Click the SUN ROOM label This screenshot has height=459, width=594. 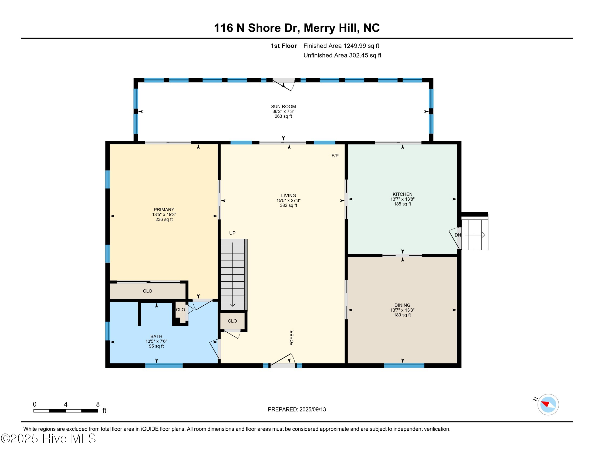point(283,107)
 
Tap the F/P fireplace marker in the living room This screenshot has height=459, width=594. point(335,156)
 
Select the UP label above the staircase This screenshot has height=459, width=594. point(232,233)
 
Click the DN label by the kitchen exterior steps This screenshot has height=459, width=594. point(458,235)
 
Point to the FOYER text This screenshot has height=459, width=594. point(292,338)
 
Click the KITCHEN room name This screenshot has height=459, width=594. point(402,194)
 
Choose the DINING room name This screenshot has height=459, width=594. point(402,305)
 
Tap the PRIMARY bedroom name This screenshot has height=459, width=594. point(164,210)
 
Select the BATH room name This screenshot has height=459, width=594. point(156,336)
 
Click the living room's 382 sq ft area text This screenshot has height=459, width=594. point(288,205)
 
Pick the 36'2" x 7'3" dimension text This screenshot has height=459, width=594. point(283,112)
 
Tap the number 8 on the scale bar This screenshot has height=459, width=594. point(98,404)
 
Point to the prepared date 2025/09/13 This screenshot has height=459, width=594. point(312,410)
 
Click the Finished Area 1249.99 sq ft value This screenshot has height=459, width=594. point(341,46)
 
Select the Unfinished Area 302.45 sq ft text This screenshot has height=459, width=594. point(342,55)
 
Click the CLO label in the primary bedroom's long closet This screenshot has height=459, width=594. point(147,291)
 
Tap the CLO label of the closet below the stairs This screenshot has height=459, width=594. point(232,321)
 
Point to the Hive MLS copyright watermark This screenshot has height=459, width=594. point(48,438)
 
